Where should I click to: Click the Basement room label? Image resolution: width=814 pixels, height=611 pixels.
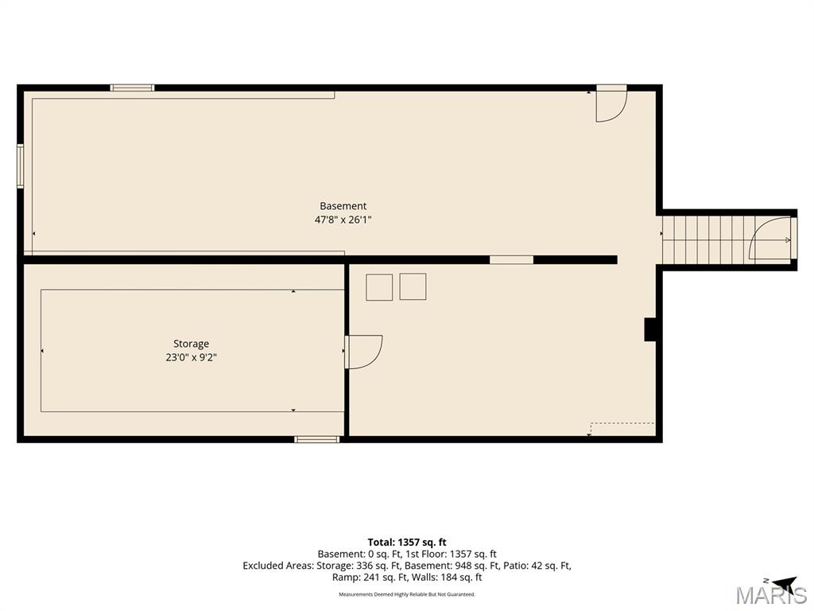point(343,206)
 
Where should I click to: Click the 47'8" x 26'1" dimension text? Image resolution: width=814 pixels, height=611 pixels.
point(343,220)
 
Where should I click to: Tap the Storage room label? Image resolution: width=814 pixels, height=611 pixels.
point(191,344)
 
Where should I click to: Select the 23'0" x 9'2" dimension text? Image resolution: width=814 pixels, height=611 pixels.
point(191,357)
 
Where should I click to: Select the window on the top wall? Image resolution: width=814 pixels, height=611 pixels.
point(133,88)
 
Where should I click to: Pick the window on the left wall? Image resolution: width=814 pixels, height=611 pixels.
point(20,165)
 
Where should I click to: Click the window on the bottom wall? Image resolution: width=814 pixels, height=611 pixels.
point(316,439)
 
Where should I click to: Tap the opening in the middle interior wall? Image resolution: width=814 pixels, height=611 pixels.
point(511,260)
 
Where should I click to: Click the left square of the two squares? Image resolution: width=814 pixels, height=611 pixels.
point(379,287)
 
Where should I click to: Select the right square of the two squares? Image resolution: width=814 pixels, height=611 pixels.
point(413,286)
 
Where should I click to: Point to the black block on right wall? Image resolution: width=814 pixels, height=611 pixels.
point(650,329)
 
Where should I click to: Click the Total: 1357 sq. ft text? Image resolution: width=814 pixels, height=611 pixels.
point(407,543)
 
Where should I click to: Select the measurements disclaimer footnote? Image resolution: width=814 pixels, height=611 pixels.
point(407,594)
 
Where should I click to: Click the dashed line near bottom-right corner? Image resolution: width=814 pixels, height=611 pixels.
point(622,423)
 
